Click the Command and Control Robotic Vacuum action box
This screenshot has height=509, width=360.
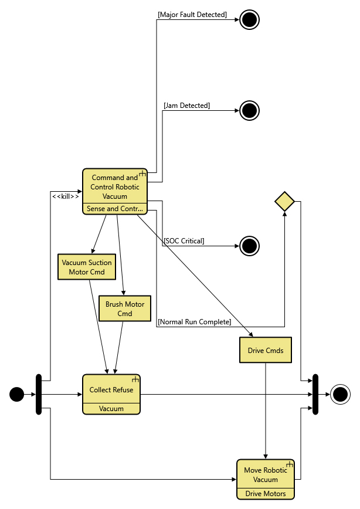114,187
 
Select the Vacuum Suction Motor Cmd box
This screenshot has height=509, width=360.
87,267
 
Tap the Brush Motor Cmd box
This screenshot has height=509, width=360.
124,308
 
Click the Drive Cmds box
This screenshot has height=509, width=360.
266,350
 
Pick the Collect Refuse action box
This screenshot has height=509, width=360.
111,389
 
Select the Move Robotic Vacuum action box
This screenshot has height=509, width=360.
265,474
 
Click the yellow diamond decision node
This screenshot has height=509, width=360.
284,202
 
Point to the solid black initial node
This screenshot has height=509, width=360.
17,395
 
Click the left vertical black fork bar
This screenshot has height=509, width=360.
39,394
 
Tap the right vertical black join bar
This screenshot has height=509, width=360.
315,394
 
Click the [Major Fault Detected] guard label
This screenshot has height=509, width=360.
192,14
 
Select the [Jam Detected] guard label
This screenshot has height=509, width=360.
186,106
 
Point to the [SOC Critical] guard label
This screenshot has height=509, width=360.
184,241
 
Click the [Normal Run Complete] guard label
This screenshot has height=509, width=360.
195,321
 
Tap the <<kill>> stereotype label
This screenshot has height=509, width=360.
65,196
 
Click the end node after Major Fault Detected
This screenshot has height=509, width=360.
249,19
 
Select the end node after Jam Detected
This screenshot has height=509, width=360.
249,110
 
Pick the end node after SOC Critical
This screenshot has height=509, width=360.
249,246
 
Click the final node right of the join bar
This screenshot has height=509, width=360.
339,395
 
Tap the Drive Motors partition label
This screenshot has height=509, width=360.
265,494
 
